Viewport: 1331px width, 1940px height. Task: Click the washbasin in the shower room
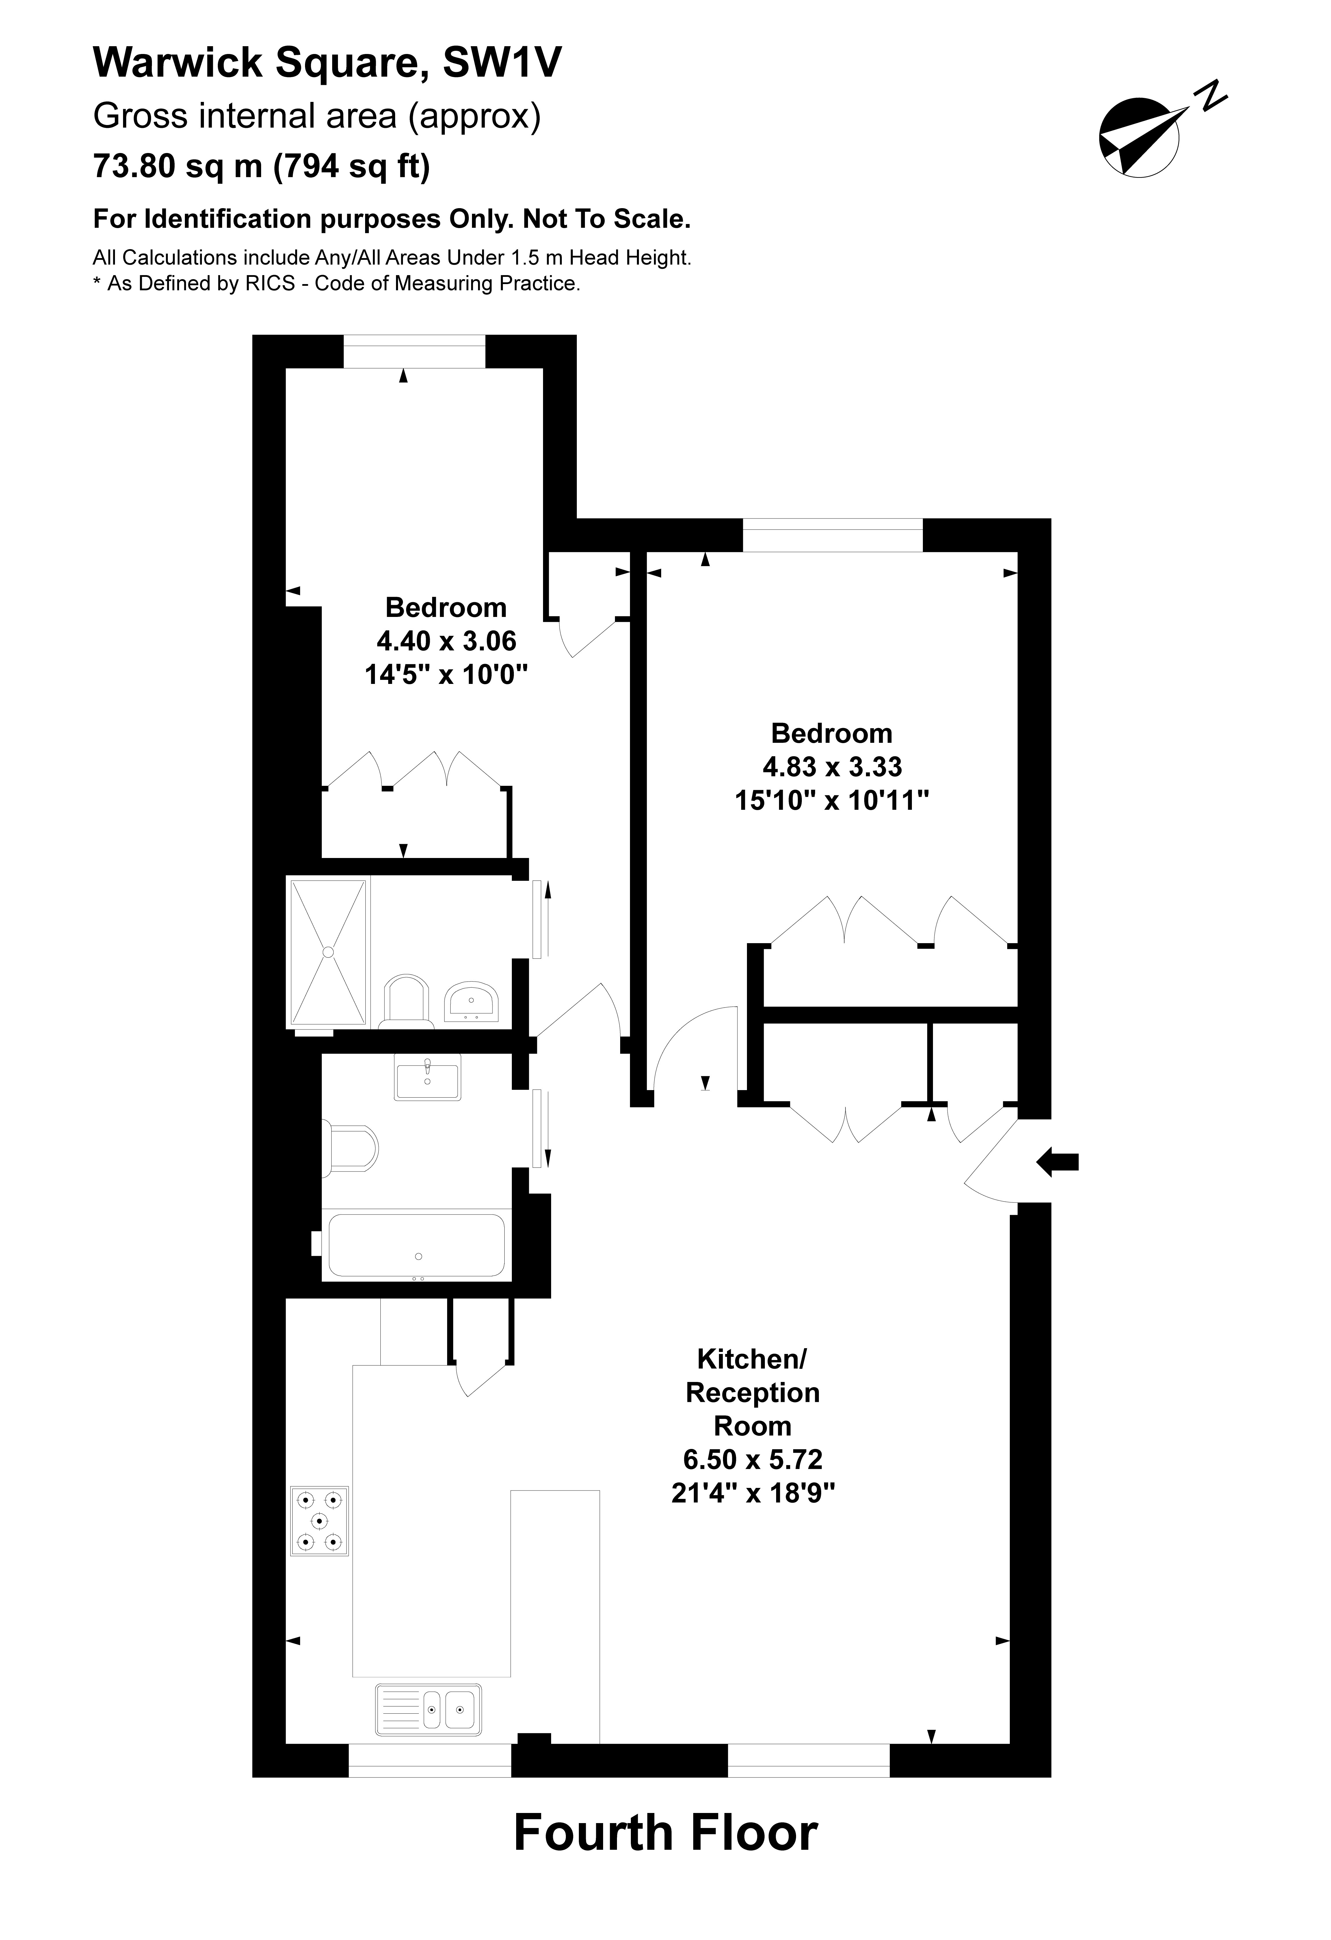pyautogui.click(x=472, y=1001)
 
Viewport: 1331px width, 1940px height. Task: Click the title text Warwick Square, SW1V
pyautogui.click(x=327, y=63)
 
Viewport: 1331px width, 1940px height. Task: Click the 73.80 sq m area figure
pyautogui.click(x=178, y=166)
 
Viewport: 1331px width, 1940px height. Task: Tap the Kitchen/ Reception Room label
pyautogui.click(x=752, y=1392)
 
